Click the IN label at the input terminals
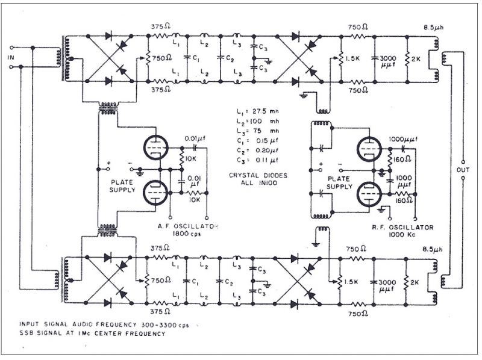pos(10,58)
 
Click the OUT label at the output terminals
pos(463,170)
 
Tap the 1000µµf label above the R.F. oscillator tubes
pos(402,139)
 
